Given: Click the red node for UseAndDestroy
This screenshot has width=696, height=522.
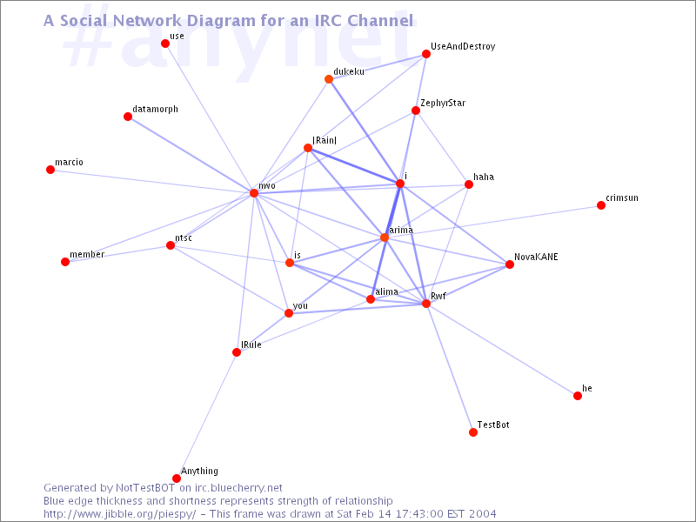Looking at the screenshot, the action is (x=426, y=54).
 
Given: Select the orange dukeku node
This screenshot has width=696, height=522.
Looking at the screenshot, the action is (x=329, y=79).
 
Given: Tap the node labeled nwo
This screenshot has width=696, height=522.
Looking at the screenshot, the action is (x=254, y=193).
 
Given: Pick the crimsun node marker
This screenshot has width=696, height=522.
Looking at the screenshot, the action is (x=601, y=205).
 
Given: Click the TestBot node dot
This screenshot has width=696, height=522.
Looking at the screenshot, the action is (x=473, y=432).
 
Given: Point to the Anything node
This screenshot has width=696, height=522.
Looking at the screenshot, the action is (x=177, y=478).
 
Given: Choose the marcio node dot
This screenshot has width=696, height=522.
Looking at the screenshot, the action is (x=50, y=170).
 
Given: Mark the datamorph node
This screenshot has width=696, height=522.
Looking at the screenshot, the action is (x=128, y=117).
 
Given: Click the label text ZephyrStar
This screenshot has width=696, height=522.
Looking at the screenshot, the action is (x=443, y=103).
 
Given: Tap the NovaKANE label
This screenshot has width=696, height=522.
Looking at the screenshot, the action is (x=536, y=257).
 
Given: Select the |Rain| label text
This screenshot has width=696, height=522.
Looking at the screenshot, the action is (x=325, y=140).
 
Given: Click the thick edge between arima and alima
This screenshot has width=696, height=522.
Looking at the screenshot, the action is (x=378, y=269).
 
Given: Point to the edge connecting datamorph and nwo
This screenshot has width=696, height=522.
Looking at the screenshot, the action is (x=191, y=155).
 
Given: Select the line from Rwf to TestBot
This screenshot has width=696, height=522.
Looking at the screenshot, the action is (x=450, y=368).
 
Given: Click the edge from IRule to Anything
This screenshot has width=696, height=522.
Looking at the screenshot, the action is (x=206, y=416).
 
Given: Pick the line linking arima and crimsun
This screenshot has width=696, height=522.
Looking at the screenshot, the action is (x=492, y=222).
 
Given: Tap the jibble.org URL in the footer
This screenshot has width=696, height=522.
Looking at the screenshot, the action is (x=120, y=514).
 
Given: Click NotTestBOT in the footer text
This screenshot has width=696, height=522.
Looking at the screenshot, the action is (x=145, y=488).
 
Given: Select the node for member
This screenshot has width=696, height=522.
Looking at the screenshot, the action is (x=65, y=262).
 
